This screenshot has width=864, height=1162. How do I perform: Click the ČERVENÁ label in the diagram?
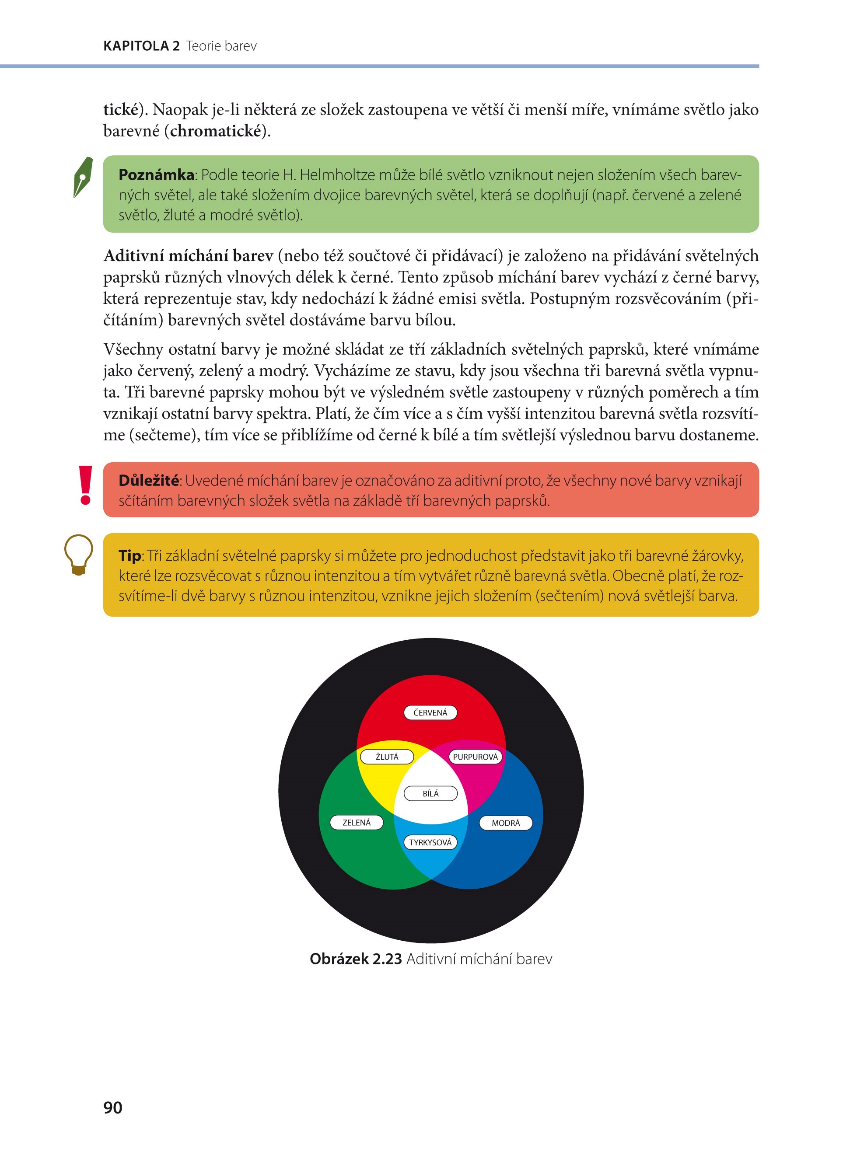(430, 712)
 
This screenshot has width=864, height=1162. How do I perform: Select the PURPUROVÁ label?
(476, 757)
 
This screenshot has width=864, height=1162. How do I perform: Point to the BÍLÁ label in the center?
(430, 793)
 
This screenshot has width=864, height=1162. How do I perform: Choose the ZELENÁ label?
(356, 822)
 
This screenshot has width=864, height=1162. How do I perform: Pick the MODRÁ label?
(506, 823)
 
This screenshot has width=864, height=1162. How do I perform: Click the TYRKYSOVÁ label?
(430, 842)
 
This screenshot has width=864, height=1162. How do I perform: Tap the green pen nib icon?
(83, 177)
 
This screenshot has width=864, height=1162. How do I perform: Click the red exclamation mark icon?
(85, 485)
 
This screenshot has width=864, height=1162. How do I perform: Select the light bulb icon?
(78, 555)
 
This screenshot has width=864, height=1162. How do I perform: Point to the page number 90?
(113, 1107)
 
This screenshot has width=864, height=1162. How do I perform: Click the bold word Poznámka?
(156, 174)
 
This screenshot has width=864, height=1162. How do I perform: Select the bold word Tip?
(129, 556)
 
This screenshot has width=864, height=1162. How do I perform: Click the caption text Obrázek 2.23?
(356, 959)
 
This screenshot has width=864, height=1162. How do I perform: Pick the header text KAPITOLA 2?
(141, 46)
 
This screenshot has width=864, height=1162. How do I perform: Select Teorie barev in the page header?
(221, 46)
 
